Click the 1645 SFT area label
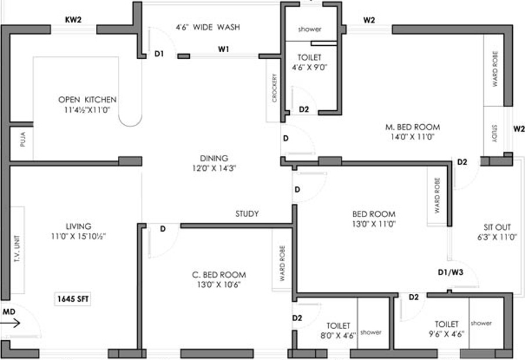pyautogui.click(x=73, y=300)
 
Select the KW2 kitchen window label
pyautogui.click(x=73, y=19)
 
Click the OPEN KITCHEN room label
pyautogui.click(x=87, y=99)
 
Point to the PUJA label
pyautogui.click(x=22, y=141)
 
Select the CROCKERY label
pyautogui.click(x=274, y=89)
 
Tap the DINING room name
pyautogui.click(x=214, y=158)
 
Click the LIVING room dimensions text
pyautogui.click(x=78, y=236)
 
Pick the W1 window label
pyautogui.click(x=224, y=49)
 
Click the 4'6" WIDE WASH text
pyautogui.click(x=207, y=27)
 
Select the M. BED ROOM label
pyautogui.click(x=412, y=127)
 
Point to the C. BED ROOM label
pyautogui.click(x=218, y=275)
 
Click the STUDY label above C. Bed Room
pyautogui.click(x=247, y=214)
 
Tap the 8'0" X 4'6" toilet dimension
pyautogui.click(x=338, y=335)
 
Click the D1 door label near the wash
pyautogui.click(x=160, y=54)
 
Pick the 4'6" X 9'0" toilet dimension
pyautogui.click(x=309, y=67)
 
